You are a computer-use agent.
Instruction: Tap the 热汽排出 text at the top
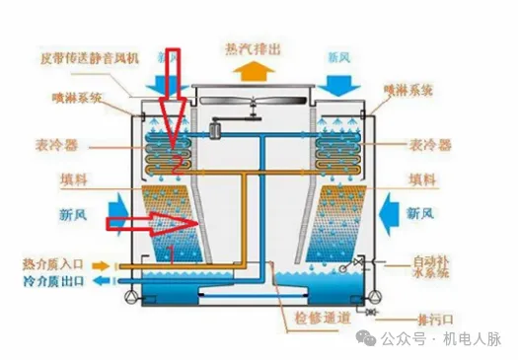tap(255, 47)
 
